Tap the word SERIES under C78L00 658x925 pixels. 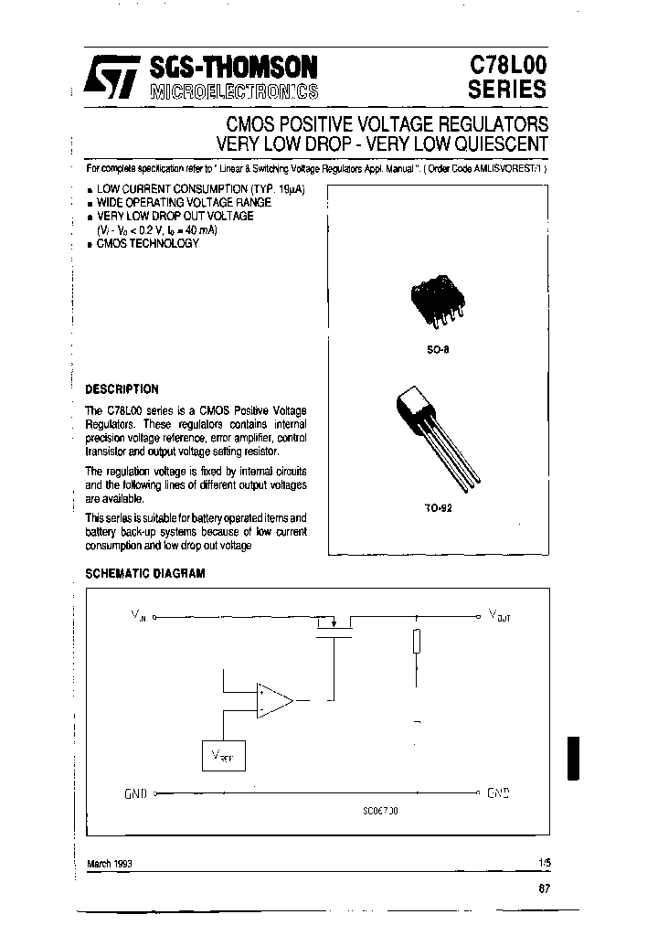click(507, 90)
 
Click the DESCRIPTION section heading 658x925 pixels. click(122, 388)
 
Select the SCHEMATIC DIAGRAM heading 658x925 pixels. click(144, 573)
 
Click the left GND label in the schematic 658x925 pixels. click(135, 793)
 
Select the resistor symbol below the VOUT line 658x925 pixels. click(417, 642)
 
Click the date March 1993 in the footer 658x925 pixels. click(109, 864)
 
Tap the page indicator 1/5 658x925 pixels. click(547, 862)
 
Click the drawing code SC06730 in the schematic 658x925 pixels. click(379, 810)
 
